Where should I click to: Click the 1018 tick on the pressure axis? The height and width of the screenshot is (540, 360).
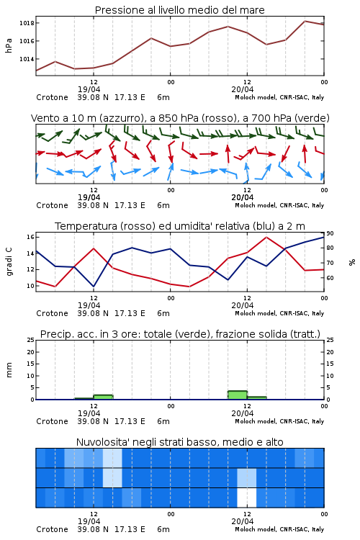point(27,23)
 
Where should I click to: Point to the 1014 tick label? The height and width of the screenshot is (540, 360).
point(27,59)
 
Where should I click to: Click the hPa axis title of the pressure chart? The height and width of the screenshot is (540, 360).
point(9,45)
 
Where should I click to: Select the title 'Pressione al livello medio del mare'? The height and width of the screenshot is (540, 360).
point(180,10)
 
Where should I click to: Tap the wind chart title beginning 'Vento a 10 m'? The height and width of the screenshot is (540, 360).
point(180,118)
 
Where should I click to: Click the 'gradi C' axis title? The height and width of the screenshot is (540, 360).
point(9,262)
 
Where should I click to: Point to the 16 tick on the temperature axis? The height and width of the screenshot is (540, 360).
point(30,237)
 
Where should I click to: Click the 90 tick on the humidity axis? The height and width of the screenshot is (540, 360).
point(330,233)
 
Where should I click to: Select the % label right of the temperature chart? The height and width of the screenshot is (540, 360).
point(352,262)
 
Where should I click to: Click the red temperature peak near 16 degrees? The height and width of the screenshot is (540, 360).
point(266,238)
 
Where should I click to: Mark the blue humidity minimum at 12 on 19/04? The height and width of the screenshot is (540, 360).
point(94,286)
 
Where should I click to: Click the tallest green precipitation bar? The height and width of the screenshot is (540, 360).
point(238,395)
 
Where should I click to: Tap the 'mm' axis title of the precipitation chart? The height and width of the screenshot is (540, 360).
point(9,370)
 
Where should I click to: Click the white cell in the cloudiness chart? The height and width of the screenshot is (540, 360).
point(247,498)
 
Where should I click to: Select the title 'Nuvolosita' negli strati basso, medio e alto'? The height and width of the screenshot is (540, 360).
point(180,442)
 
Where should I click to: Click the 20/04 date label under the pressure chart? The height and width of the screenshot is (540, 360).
point(243,89)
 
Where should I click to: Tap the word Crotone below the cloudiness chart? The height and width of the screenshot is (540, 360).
point(53,529)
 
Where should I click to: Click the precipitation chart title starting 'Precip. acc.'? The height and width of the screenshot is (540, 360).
point(180,334)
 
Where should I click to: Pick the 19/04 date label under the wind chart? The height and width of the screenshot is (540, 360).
point(89,198)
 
